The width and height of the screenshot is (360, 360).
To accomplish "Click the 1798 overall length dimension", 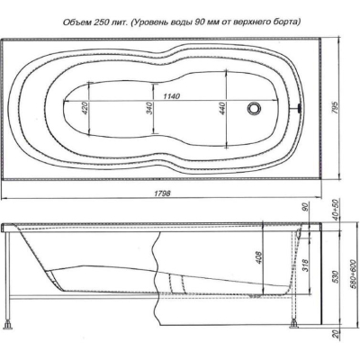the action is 162,193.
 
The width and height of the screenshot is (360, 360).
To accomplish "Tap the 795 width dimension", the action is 336,108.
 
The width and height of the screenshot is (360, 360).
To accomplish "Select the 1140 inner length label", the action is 171,96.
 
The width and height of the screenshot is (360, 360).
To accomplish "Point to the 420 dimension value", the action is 85,108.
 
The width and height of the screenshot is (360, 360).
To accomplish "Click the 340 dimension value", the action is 150,108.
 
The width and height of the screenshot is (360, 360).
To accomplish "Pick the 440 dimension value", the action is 222,108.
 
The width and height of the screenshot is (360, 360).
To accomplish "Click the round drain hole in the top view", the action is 255,108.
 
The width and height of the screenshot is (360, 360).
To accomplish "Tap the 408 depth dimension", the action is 259,257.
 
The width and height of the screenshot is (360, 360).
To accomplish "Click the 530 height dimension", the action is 336,277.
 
